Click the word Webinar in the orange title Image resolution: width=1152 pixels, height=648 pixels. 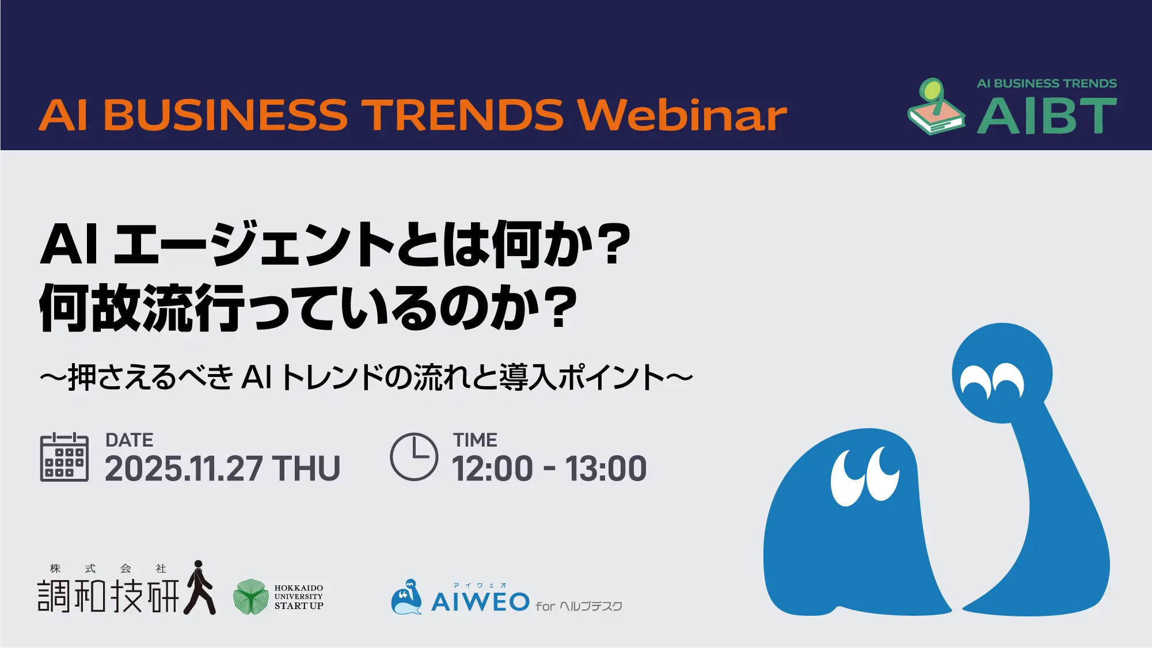click(x=682, y=115)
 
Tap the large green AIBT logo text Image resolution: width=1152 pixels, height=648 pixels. click(x=1047, y=116)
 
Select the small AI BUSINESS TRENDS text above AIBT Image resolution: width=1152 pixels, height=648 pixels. click(x=1047, y=83)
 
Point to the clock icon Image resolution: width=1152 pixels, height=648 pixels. click(x=414, y=456)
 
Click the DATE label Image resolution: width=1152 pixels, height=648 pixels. click(x=130, y=440)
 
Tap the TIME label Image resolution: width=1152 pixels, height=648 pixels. click(x=475, y=440)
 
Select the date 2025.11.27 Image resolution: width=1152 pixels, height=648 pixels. click(x=184, y=468)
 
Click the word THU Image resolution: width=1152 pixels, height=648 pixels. click(x=306, y=468)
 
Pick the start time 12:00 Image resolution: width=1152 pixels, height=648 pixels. click(x=493, y=468)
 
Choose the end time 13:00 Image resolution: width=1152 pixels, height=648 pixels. click(x=606, y=468)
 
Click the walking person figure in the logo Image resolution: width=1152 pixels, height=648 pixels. click(x=200, y=587)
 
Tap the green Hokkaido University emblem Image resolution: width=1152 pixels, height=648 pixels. click(x=250, y=597)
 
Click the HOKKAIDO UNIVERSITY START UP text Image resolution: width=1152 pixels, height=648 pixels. click(x=299, y=597)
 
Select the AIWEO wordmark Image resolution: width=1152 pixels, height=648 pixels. click(x=480, y=602)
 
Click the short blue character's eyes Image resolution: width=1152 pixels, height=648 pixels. click(x=865, y=475)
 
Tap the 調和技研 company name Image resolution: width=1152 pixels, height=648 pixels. click(x=108, y=596)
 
